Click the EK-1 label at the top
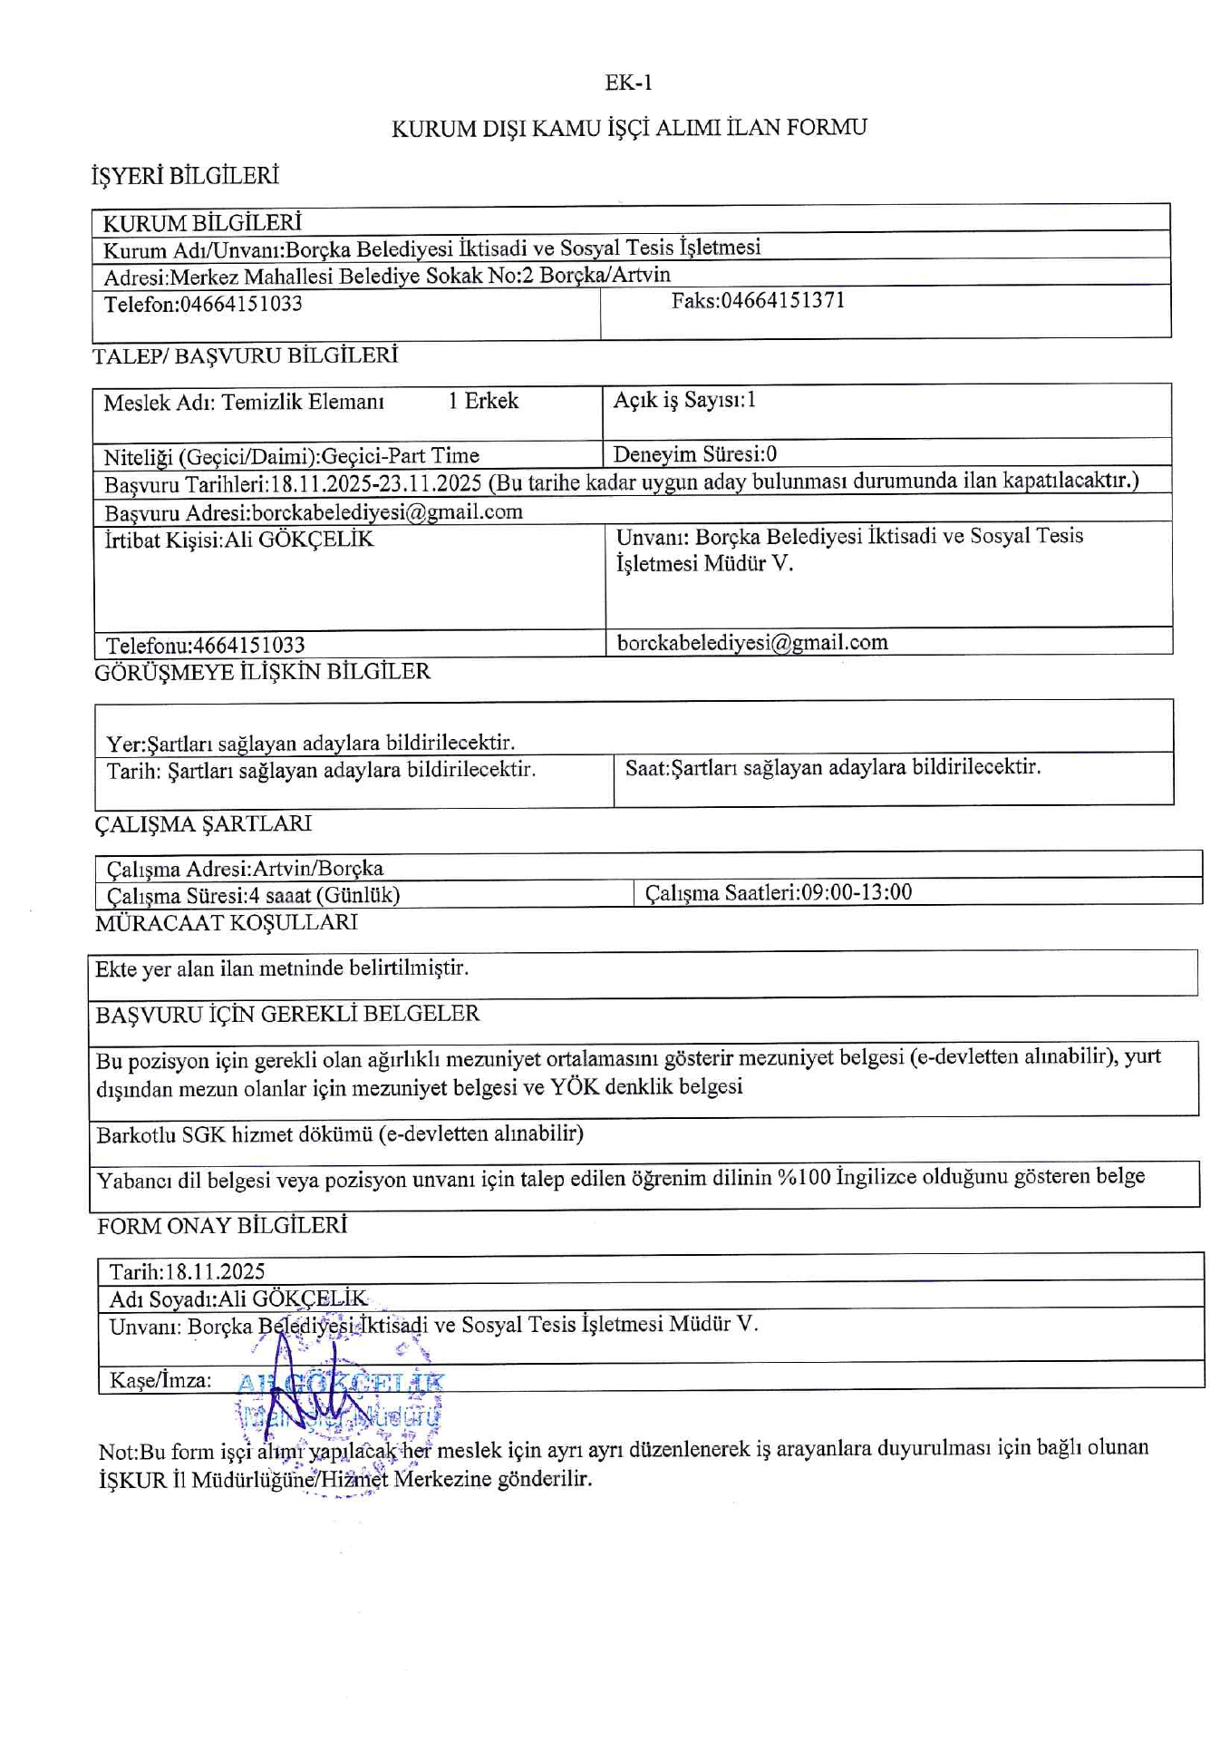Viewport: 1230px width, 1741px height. pos(628,83)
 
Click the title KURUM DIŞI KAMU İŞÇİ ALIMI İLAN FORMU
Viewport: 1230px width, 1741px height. pos(628,128)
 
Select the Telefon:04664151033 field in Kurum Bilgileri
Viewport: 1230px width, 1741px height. pos(203,305)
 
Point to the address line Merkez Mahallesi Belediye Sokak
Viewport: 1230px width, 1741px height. pos(387,277)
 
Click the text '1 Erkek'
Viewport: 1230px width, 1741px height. pos(483,402)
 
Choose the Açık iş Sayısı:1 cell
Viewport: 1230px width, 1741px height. pos(684,400)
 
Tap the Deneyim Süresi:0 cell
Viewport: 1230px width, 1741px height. pos(694,454)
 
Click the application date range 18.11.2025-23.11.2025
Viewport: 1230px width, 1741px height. pos(376,482)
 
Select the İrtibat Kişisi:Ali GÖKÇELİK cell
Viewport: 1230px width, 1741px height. pos(239,540)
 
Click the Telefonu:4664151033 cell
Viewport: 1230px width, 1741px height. pos(206,646)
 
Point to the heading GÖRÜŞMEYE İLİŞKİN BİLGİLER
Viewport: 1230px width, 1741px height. pos(262,672)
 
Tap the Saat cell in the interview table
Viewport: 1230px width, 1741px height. pos(832,768)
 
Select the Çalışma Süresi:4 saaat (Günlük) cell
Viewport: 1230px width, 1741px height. pos(254,896)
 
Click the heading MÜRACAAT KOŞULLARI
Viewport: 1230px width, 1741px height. pos(227,923)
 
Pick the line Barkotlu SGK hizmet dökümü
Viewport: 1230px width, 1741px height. pos(340,1134)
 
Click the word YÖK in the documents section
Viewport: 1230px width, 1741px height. pos(575,1086)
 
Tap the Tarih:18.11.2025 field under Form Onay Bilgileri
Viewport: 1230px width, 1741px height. pos(188,1271)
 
